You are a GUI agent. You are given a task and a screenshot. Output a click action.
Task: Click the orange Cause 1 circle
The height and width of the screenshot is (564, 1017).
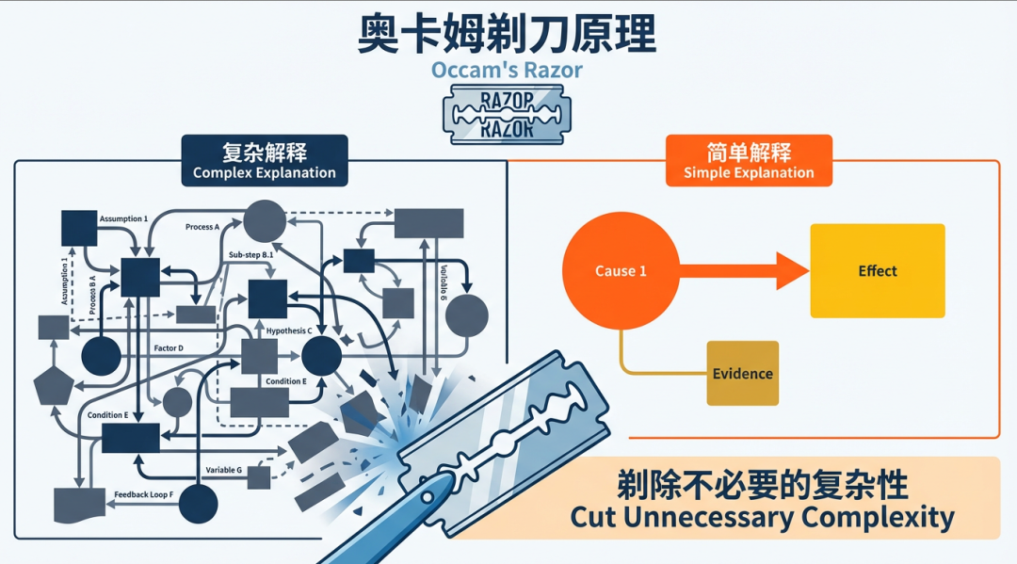point(621,271)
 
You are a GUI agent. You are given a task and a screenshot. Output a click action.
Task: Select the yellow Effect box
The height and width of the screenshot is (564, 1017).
point(877,270)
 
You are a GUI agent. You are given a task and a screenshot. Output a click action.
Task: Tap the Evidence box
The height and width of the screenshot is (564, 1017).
point(742,373)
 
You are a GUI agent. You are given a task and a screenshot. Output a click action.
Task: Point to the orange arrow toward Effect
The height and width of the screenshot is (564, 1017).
point(744,271)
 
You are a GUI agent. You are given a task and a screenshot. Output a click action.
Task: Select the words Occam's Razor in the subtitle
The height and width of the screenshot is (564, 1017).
point(507,70)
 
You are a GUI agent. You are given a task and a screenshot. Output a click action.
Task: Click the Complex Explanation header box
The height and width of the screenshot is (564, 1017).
point(264,161)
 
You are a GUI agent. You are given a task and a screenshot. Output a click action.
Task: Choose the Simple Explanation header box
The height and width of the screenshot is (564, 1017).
point(749,161)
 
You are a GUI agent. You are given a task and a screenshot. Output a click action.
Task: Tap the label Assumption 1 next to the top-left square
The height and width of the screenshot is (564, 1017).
point(123,218)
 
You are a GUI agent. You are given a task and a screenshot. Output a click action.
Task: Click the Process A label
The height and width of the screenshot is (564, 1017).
point(202,227)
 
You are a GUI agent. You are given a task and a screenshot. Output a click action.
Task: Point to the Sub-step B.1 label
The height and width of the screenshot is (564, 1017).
point(251,254)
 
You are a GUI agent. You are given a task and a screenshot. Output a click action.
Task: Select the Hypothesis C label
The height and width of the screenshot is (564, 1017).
point(289,330)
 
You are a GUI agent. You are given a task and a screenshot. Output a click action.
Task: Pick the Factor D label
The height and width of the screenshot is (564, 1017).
point(169,348)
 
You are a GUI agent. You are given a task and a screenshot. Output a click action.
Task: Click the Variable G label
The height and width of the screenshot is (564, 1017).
point(223,469)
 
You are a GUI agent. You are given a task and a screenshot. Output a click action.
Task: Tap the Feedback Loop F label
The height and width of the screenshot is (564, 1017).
point(144,494)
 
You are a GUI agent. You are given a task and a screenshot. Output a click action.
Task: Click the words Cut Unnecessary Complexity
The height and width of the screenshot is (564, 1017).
point(762,517)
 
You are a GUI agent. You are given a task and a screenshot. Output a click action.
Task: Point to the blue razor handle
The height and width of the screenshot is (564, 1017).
point(377,528)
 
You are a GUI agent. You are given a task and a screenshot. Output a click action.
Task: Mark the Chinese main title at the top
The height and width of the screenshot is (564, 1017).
point(507,33)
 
